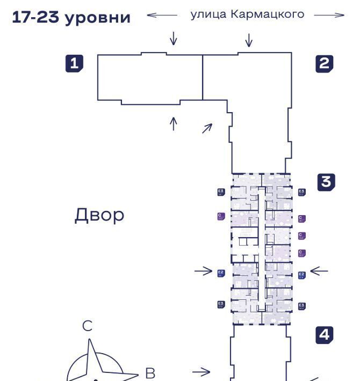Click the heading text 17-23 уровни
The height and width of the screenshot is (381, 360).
pyautogui.click(x=71, y=17)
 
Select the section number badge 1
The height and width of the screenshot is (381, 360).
pyautogui.click(x=75, y=63)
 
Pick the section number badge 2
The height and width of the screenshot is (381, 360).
pyautogui.click(x=324, y=64)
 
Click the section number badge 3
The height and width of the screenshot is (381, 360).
pyautogui.click(x=326, y=182)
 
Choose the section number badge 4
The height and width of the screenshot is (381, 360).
pyautogui.click(x=324, y=335)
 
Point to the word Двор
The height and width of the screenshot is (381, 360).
pyautogui.click(x=99, y=215)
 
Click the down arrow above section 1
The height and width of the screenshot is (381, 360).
pyautogui.click(x=173, y=38)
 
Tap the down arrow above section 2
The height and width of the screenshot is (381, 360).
pyautogui.click(x=248, y=40)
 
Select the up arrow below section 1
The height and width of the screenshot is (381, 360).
pyautogui.click(x=173, y=123)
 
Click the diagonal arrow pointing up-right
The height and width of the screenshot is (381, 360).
pyautogui.click(x=207, y=128)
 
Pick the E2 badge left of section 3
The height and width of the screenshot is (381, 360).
pyautogui.click(x=220, y=274)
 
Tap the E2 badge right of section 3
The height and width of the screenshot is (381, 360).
pyautogui.click(x=302, y=275)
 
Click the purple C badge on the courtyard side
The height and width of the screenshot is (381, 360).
pyautogui.click(x=220, y=216)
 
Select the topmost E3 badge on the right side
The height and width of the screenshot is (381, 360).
pyautogui.click(x=302, y=192)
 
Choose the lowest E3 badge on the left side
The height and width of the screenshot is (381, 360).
pyautogui.click(x=220, y=304)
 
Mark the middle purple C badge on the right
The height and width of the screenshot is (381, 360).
pyautogui.click(x=302, y=236)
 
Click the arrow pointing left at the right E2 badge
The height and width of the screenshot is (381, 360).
pyautogui.click(x=319, y=271)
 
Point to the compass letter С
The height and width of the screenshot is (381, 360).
pyautogui.click(x=87, y=326)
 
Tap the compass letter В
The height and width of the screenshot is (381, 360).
pyautogui.click(x=150, y=372)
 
